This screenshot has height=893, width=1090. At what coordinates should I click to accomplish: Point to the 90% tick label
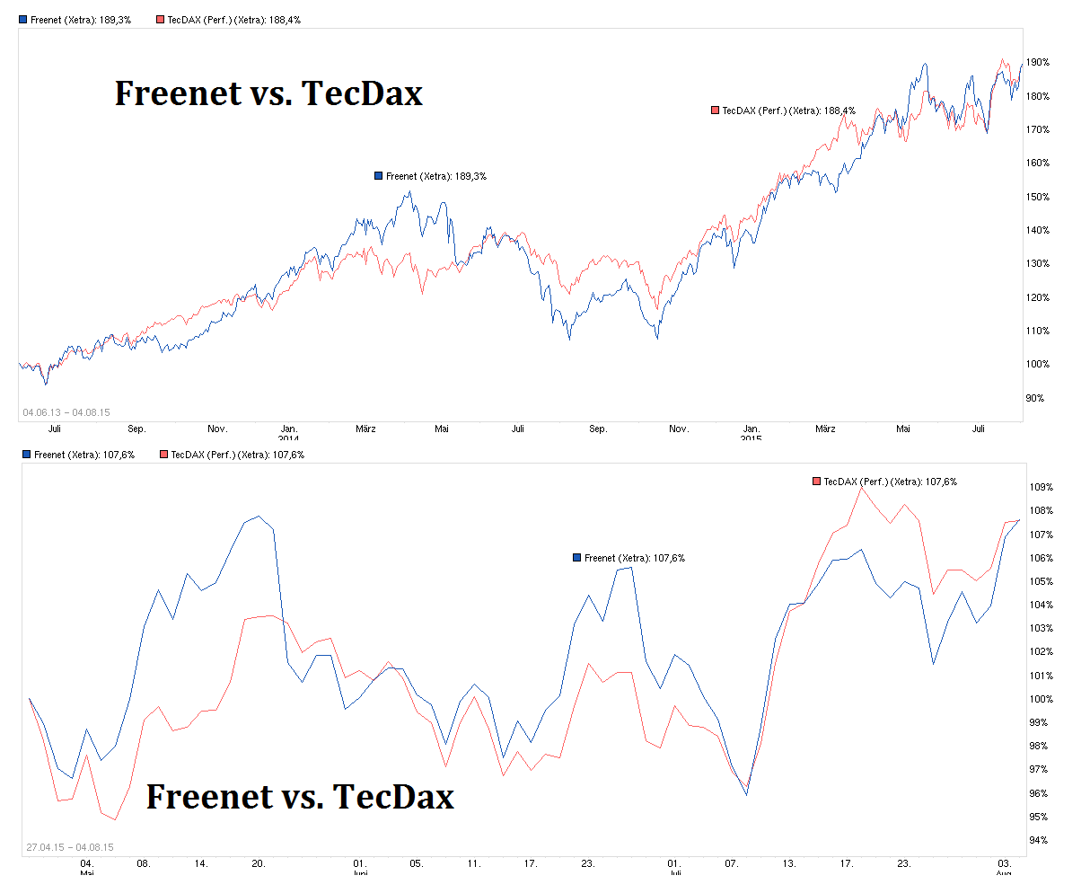[1037, 398]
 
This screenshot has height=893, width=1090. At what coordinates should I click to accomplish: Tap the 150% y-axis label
[1039, 197]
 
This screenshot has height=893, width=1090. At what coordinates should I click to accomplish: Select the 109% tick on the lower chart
[1042, 488]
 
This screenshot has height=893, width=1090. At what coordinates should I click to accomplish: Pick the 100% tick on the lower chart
[1042, 699]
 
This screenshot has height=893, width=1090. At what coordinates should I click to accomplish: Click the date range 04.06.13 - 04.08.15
[66, 412]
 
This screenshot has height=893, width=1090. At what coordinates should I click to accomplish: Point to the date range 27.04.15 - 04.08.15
[70, 847]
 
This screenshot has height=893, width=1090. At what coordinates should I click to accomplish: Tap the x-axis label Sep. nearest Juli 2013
[136, 429]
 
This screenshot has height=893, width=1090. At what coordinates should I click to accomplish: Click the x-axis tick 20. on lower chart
[259, 863]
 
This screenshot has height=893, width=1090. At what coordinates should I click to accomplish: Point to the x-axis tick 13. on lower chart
[789, 863]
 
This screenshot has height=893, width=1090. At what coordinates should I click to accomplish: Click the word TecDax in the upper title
[362, 93]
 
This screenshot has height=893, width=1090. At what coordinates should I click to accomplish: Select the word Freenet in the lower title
[209, 796]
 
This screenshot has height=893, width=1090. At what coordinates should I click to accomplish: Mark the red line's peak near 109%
[861, 488]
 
